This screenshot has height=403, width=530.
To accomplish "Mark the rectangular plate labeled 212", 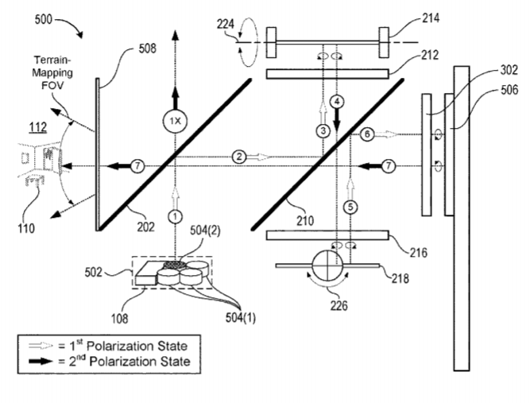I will [327, 73].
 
